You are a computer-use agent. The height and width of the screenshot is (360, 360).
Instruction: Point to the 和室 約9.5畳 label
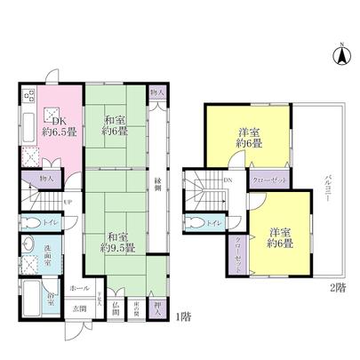pyautogui.click(x=117, y=243)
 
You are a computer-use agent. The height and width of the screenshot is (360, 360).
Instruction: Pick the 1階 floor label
pyautogui.click(x=181, y=316)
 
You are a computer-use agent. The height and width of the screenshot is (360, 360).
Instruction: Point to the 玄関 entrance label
pyautogui.click(x=81, y=308)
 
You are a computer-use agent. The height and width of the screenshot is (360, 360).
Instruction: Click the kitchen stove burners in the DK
pyautogui.click(x=27, y=95)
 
